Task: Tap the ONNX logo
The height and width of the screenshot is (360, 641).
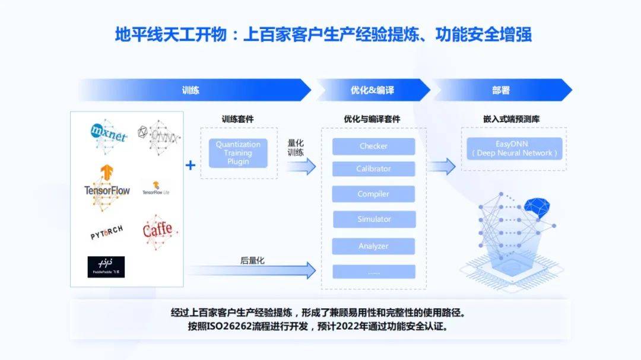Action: (x=158, y=135)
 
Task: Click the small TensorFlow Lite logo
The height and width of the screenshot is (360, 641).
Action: (x=156, y=189)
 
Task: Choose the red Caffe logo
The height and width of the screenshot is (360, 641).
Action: (x=158, y=229)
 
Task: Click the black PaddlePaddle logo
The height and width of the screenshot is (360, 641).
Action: (x=106, y=267)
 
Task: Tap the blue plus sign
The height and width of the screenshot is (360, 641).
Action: (x=191, y=165)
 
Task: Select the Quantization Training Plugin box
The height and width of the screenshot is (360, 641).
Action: (x=238, y=153)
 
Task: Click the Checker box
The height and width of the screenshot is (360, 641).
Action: (x=373, y=146)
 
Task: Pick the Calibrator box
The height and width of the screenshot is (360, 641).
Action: (x=373, y=169)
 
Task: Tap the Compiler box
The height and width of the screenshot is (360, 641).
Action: (x=373, y=194)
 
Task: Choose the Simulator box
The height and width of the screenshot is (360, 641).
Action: (x=373, y=219)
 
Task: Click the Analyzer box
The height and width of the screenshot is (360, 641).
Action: (x=373, y=246)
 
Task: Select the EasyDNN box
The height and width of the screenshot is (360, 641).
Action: (x=514, y=148)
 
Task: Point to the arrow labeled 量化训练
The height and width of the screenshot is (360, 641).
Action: (x=301, y=166)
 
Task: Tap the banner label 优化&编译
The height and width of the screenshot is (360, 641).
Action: (x=372, y=90)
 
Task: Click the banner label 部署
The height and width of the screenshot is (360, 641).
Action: (x=501, y=90)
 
